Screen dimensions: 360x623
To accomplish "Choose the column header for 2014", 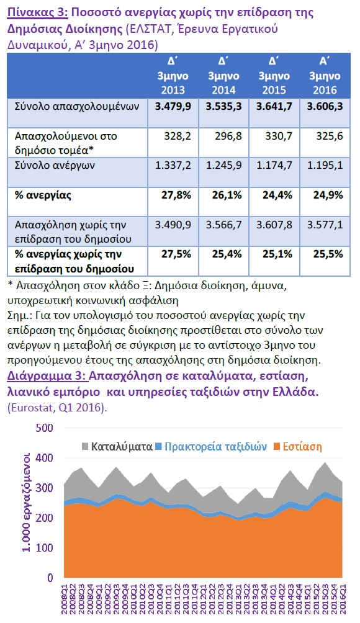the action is (223, 76).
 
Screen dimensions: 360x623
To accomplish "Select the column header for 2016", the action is (325, 76).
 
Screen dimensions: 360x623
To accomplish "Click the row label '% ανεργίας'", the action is (43, 195).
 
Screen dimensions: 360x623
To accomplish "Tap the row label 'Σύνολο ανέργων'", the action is (55, 166).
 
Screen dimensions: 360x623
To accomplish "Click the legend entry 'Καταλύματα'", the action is (117, 447).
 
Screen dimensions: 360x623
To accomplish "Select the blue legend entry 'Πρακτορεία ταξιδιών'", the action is (211, 447).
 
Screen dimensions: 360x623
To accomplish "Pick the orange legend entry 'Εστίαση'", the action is (298, 447).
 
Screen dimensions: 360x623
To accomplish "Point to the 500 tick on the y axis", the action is (45, 428).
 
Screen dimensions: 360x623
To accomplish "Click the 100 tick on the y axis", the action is (45, 548).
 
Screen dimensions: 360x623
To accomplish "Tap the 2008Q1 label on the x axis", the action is (65, 598).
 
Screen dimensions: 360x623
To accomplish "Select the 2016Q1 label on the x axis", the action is (343, 598).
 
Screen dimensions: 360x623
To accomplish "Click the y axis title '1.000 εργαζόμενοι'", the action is (26, 502).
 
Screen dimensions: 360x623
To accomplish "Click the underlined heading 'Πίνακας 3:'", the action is (38, 12).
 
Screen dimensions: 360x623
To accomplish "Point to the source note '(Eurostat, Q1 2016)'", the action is (57, 408).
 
